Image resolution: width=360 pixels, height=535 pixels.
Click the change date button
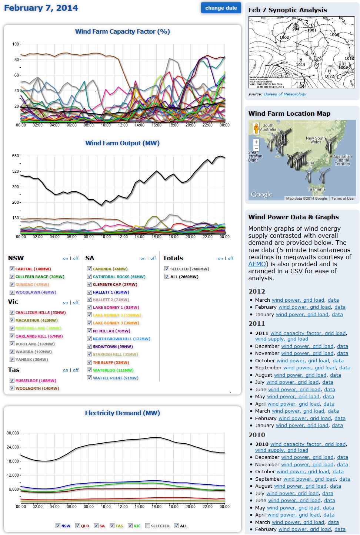tap(221, 8)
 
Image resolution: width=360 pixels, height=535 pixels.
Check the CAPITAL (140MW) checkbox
tap(12, 269)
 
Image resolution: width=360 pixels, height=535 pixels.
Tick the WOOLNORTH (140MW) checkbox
tap(12, 388)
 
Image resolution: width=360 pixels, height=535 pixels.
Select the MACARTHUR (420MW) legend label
tap(36, 321)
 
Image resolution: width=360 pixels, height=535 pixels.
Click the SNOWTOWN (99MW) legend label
tap(107, 347)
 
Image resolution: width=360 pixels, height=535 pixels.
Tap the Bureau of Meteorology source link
tap(285, 94)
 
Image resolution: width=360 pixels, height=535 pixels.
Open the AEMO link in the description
tap(257, 264)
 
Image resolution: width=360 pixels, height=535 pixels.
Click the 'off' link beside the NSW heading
tap(76, 258)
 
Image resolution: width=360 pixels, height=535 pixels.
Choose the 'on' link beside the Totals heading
tap(220, 258)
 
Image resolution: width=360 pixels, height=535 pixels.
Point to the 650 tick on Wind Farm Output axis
tap(15, 156)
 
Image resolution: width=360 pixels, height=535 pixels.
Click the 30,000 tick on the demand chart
tap(13, 433)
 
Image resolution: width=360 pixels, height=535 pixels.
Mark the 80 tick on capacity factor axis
tap(17, 60)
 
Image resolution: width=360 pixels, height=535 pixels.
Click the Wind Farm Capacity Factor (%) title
tap(122, 32)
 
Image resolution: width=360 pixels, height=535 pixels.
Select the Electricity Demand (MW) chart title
tap(122, 413)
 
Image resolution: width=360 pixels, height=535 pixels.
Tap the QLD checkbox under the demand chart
tap(77, 525)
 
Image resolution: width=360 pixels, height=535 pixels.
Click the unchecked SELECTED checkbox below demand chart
tap(148, 525)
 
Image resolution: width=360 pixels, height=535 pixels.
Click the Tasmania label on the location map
tap(317, 189)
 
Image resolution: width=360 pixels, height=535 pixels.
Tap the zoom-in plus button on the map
tap(256, 142)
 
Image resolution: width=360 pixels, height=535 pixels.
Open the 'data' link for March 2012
tap(333, 300)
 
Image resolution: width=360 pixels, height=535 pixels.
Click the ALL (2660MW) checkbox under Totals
tap(167, 277)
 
